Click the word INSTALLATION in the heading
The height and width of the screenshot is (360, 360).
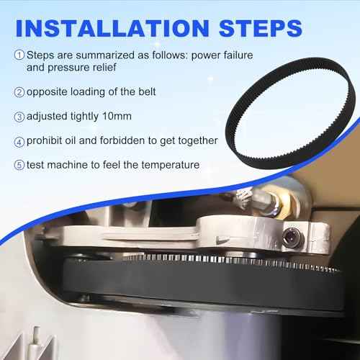coord(112,28)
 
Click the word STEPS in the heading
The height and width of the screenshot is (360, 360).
coord(261,28)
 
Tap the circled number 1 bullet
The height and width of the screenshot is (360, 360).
coord(19,55)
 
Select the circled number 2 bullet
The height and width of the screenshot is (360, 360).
coord(19,92)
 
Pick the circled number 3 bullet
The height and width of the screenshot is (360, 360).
coord(19,117)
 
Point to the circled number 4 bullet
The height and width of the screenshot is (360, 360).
coord(19,142)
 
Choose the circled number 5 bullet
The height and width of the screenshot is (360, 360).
coord(19,165)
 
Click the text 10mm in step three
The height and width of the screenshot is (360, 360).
coord(117,116)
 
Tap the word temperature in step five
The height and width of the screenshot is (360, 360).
coord(171,165)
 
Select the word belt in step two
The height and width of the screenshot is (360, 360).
coord(147,91)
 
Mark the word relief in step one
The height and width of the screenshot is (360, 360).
coord(104,67)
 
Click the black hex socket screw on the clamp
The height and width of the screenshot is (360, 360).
coord(290,238)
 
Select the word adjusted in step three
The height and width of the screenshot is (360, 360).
coord(47,117)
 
